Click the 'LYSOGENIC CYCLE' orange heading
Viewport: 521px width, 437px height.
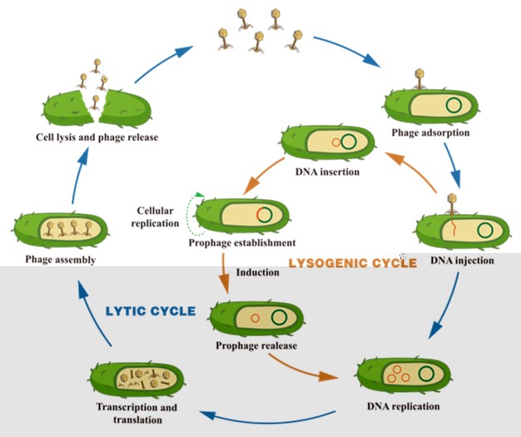pyautogui.click(x=352, y=263)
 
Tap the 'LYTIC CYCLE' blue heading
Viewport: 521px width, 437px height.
pyautogui.click(x=151, y=311)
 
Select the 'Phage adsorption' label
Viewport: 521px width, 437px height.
pyautogui.click(x=430, y=132)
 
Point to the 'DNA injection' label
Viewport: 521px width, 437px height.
pyautogui.click(x=462, y=260)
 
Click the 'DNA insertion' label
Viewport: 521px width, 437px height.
pyautogui.click(x=327, y=171)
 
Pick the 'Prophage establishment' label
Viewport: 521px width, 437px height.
pyautogui.click(x=242, y=243)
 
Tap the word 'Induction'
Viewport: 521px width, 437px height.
pyautogui.click(x=257, y=272)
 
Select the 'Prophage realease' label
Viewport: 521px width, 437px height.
pyautogui.click(x=256, y=345)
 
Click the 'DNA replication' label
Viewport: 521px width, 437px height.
pyautogui.click(x=403, y=406)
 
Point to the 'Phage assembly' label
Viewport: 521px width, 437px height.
pyautogui.click(x=61, y=260)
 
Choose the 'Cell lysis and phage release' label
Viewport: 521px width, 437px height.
pyautogui.click(x=97, y=137)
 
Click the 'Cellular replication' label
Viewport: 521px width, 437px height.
pyautogui.click(x=155, y=216)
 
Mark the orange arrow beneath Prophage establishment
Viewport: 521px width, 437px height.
pyautogui.click(x=224, y=272)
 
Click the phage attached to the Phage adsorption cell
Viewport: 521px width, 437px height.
pyautogui.click(x=419, y=79)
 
